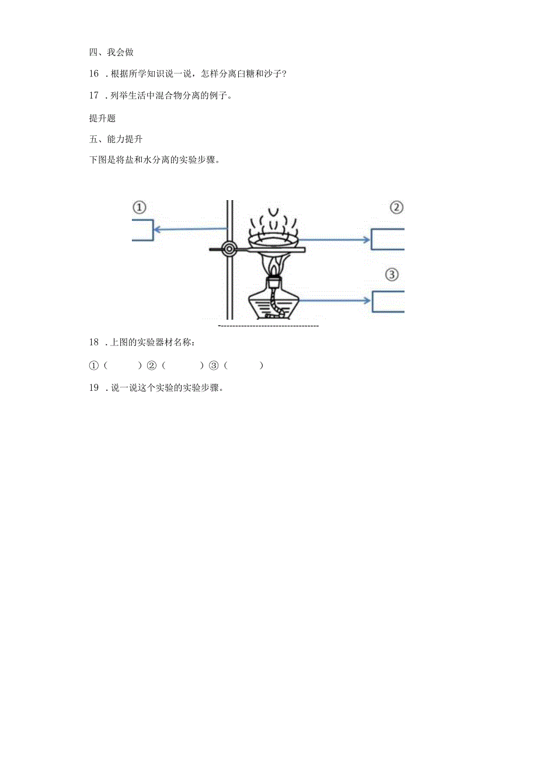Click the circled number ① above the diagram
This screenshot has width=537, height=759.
coord(139,207)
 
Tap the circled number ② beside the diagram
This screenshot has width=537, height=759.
coord(397,208)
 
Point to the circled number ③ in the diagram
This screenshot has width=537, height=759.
coord(392,274)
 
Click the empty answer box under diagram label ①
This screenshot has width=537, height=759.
coord(142,230)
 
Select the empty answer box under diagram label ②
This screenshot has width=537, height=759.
coord(388,239)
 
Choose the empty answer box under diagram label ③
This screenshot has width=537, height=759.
coord(388,301)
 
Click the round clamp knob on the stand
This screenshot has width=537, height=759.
coord(229,249)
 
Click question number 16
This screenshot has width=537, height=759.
coord(94,74)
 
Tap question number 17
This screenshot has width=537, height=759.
coord(94,96)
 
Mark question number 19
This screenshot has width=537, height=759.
coord(94,388)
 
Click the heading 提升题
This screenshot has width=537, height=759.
coord(102,118)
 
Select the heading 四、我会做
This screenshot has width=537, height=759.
coord(111,52)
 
